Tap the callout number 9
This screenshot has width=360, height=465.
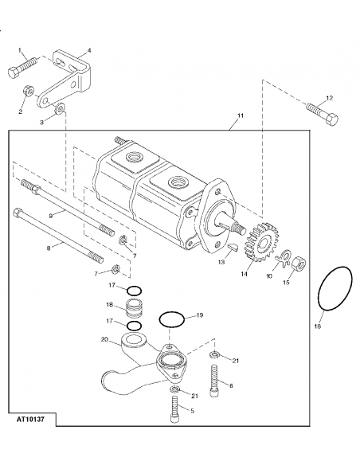coord(50,214)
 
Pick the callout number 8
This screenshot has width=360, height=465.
coord(49,248)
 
